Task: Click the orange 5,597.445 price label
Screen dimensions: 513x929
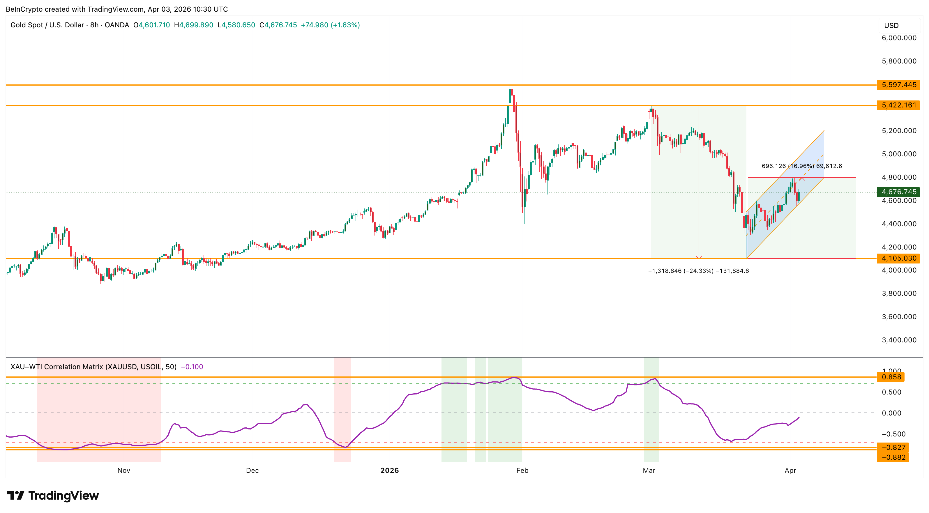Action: click(898, 85)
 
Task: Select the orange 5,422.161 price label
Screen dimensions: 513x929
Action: click(898, 105)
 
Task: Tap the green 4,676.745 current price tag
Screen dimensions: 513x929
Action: click(898, 192)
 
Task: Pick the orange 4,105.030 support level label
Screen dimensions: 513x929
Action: click(898, 258)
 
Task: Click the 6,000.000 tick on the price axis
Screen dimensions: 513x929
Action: click(899, 38)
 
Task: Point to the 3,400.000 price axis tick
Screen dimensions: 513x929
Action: click(899, 340)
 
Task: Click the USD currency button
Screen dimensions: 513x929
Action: click(891, 26)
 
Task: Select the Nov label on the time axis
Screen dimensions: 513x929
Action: click(124, 470)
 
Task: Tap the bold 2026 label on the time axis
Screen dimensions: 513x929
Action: click(389, 470)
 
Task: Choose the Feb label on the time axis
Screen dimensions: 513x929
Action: click(522, 470)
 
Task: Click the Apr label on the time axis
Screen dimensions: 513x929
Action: click(790, 470)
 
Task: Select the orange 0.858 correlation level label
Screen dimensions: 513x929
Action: click(891, 377)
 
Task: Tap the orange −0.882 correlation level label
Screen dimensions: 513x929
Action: click(893, 457)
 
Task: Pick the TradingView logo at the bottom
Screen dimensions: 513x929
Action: click(53, 496)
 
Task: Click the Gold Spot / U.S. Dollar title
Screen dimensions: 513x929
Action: click(47, 25)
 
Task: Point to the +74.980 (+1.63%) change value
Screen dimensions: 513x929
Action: click(330, 25)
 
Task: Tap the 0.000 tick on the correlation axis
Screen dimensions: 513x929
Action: click(891, 413)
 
